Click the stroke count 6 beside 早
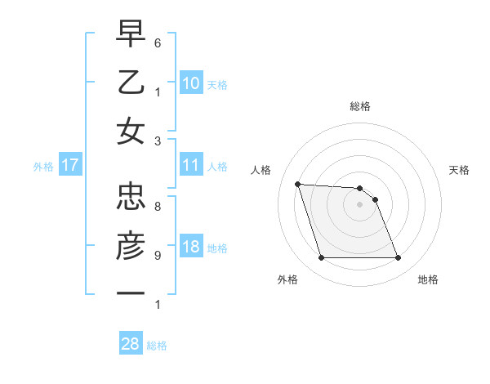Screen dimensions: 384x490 158,42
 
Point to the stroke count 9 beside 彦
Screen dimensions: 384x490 158,255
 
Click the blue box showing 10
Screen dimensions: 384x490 191,83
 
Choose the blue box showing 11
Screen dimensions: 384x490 191,165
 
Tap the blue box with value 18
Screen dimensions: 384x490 191,248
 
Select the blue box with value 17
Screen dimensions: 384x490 69,165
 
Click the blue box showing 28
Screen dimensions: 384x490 131,344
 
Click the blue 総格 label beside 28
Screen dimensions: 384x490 157,346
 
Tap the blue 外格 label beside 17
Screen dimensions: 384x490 43,167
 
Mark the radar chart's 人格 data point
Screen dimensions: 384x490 297,184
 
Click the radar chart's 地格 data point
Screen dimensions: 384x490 398,258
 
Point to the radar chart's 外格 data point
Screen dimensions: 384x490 321,258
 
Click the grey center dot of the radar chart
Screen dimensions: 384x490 359,204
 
